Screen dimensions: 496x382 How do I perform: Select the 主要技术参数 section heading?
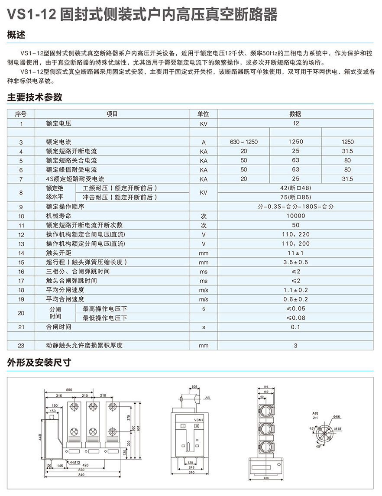click(x=35, y=97)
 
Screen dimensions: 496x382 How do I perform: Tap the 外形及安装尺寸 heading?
click(x=39, y=362)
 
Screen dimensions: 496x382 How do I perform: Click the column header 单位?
click(x=203, y=114)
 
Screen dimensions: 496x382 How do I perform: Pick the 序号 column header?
click(x=21, y=114)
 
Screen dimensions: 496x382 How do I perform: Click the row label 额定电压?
click(x=58, y=123)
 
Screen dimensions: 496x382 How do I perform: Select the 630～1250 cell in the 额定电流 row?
click(x=244, y=142)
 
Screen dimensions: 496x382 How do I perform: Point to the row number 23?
click(x=21, y=345)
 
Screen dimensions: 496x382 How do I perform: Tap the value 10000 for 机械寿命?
click(x=296, y=216)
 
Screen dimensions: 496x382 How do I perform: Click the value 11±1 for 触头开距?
click(x=296, y=253)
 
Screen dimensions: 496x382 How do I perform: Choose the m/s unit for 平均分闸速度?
click(x=203, y=290)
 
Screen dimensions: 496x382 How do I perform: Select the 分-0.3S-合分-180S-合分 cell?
click(x=296, y=207)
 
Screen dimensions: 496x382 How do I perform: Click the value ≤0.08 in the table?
click(x=296, y=318)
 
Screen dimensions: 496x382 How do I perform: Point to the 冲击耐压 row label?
click(x=117, y=197)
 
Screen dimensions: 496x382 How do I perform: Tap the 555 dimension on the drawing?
click(x=69, y=390)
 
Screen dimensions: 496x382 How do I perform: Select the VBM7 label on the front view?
click(x=199, y=419)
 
